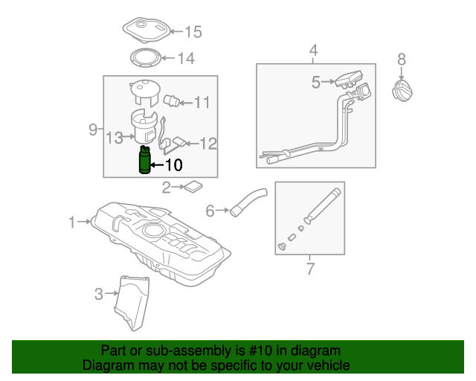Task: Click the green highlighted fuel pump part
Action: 145,162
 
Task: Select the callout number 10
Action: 172,165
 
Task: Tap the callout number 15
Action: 193,32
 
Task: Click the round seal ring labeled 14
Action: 144,57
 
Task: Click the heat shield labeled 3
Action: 132,301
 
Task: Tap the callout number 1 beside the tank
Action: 72,222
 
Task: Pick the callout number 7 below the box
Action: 310,268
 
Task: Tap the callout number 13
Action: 114,138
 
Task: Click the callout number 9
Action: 93,129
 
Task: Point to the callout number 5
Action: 315,83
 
